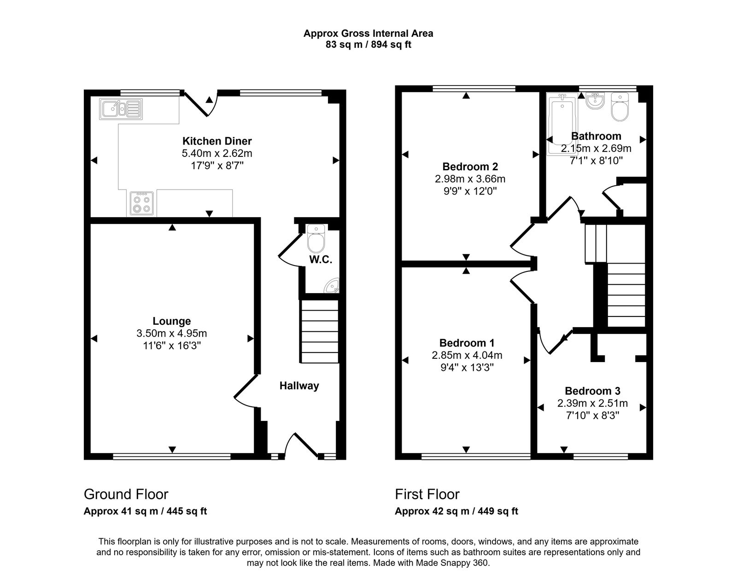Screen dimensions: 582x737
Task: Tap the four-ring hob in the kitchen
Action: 141,203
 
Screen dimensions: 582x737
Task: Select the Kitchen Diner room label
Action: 217,141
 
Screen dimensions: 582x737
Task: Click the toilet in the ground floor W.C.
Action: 316,238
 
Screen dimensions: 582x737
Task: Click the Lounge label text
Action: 172,321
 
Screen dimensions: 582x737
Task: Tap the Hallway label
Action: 299,386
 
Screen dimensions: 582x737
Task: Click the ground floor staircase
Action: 319,331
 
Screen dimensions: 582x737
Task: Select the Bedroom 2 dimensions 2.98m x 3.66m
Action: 470,179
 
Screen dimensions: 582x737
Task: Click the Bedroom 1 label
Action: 467,343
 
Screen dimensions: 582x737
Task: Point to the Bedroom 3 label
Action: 592,391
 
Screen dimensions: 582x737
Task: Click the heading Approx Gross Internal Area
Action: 368,33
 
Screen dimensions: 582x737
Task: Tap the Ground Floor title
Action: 126,494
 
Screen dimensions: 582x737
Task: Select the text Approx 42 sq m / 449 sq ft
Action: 456,511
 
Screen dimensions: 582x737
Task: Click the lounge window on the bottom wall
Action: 171,456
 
